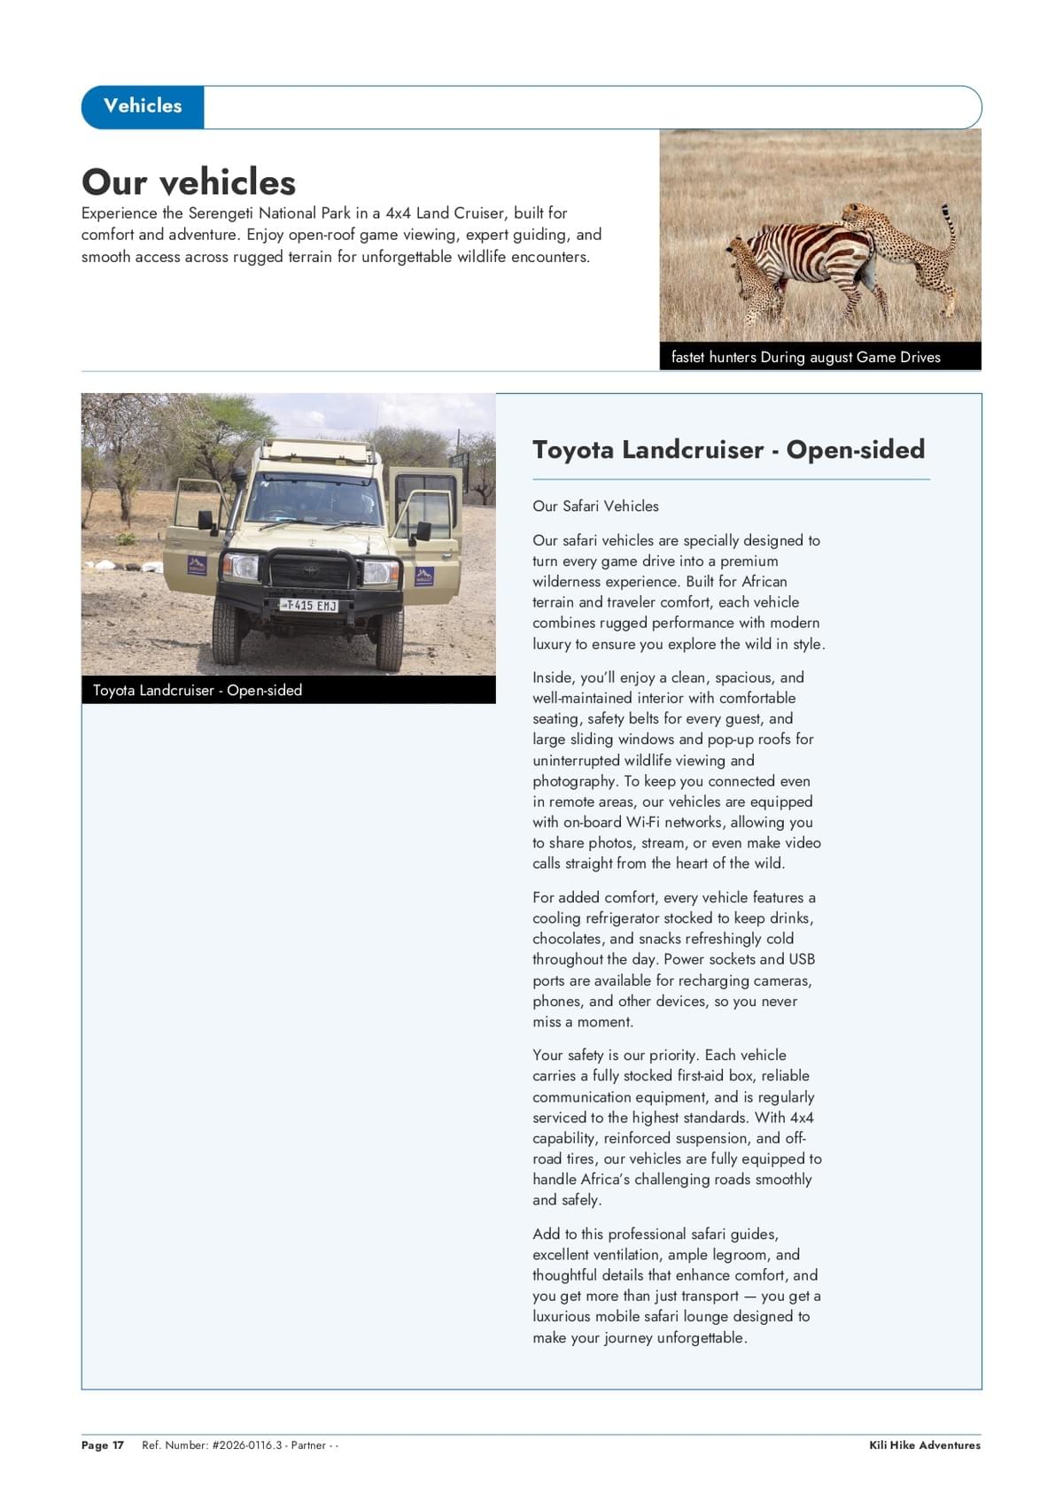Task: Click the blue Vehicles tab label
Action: coord(143,106)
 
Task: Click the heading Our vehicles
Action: coord(189,182)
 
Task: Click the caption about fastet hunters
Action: coord(805,357)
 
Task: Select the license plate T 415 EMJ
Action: coord(309,605)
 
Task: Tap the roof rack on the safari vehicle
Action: coord(314,450)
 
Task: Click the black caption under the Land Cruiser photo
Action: coord(198,690)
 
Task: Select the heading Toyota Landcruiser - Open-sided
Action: coord(728,450)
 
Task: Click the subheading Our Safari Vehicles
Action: coord(595,506)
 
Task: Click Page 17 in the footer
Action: coord(103,1445)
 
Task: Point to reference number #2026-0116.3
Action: coord(247,1445)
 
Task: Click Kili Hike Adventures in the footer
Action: coord(924,1445)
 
